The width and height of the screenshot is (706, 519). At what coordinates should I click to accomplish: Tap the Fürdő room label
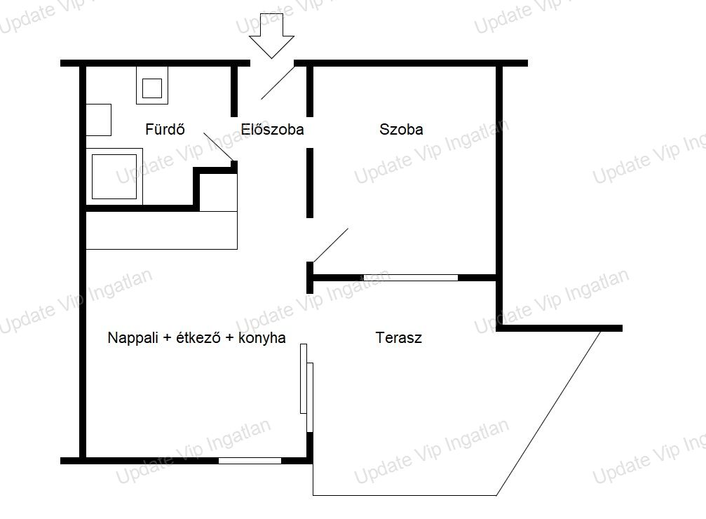165,129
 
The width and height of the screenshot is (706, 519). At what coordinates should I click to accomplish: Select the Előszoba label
272,129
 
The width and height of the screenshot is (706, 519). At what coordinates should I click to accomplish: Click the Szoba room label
401,129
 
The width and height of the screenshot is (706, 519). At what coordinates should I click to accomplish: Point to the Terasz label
398,337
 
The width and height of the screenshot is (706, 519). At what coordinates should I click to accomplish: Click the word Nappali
133,338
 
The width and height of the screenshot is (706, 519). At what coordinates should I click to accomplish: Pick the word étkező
198,337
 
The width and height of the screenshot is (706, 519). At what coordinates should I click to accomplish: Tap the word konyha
262,337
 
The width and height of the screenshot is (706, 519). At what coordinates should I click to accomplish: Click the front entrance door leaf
278,83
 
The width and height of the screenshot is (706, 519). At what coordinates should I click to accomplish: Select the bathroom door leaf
218,147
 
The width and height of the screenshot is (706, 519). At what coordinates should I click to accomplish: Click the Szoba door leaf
331,245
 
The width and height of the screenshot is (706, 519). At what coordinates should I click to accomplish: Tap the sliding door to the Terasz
306,388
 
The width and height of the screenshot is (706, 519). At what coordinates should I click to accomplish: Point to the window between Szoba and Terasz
411,278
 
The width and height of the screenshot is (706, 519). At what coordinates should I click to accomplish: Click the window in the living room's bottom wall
250,460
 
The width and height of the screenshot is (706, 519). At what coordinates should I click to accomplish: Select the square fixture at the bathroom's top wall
152,85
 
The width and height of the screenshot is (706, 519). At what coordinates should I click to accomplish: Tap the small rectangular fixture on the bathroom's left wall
99,120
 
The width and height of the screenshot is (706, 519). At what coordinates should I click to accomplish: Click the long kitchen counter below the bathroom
162,230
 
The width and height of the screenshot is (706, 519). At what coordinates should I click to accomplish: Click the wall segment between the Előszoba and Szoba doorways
310,183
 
